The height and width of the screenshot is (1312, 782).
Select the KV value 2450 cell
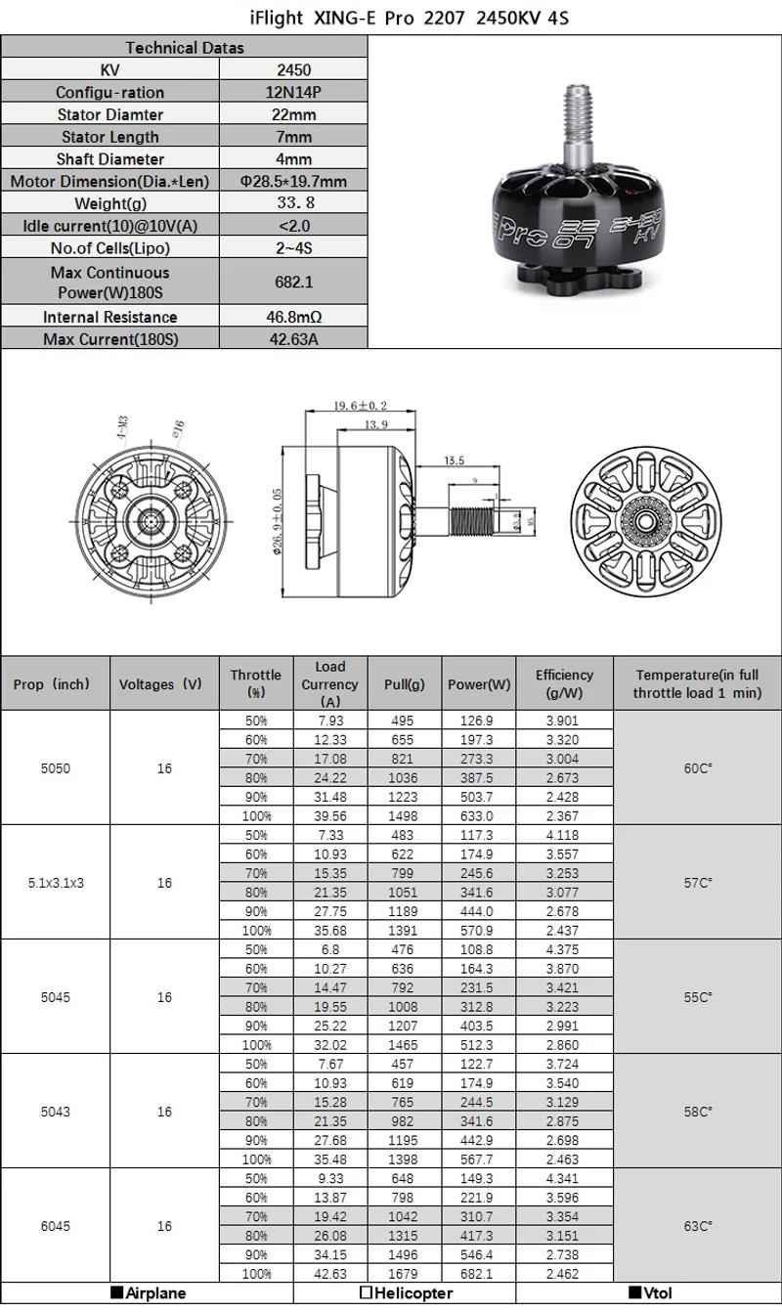293,69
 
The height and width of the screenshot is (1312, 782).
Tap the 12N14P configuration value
293,92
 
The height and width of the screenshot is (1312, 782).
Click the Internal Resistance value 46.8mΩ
293,317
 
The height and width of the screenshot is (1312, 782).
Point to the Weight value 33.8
293,203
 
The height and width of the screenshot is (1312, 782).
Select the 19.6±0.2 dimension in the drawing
360,406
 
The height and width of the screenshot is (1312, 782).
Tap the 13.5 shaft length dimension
454,459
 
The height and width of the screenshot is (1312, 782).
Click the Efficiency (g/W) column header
564,683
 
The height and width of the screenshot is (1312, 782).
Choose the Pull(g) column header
403,684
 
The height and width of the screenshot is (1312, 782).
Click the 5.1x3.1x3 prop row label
55,883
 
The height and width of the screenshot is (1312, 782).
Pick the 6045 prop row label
55,1226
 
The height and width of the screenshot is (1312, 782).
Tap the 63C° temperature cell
697,1226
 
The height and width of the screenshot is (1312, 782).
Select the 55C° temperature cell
697,997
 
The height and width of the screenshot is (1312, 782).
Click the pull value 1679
403,1274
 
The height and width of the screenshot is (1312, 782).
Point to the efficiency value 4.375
564,949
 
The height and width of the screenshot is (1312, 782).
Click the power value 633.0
479,816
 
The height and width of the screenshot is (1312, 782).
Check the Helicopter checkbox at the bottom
366,1293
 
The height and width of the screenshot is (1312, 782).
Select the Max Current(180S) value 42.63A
293,339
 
